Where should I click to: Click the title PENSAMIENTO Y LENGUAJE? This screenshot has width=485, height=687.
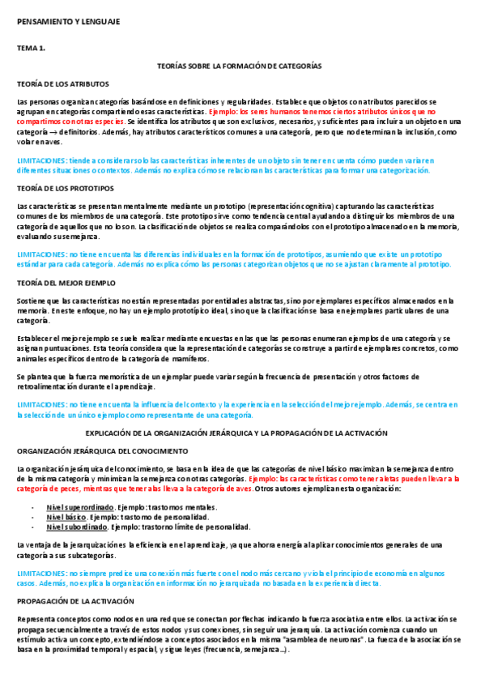(x=68, y=22)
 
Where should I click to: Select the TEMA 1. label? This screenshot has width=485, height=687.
(x=32, y=49)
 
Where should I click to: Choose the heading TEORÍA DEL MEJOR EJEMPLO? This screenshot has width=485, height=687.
(x=66, y=283)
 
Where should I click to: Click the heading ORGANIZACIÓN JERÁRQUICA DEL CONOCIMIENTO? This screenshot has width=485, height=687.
(x=102, y=450)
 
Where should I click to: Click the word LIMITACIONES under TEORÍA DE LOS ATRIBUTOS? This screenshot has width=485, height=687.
(x=41, y=161)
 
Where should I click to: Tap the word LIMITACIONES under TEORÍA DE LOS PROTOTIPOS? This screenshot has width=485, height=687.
(x=41, y=254)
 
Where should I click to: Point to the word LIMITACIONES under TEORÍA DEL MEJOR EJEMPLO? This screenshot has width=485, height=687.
(x=41, y=403)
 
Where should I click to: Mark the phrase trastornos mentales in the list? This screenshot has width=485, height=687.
(x=177, y=506)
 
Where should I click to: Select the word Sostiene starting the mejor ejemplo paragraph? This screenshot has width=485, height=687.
(x=32, y=301)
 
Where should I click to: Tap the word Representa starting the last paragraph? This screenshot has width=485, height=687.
(x=36, y=620)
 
